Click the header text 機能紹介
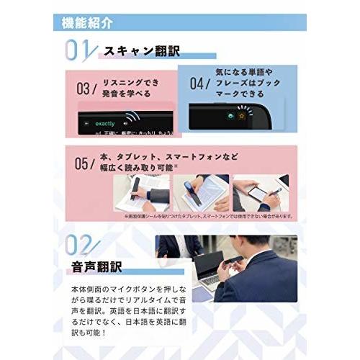(87, 22)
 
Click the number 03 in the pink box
(86, 89)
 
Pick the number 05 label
(86, 162)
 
